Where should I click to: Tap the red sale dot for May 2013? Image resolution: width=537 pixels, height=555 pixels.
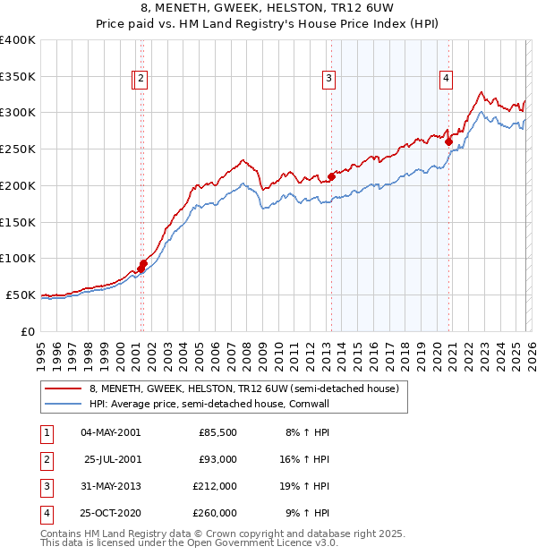pyautogui.click(x=331, y=176)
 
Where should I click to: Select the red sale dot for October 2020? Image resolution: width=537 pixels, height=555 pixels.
pyautogui.click(x=448, y=141)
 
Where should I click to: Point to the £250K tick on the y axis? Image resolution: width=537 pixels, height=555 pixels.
pyautogui.click(x=18, y=149)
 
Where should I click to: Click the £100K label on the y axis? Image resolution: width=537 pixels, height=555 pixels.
pyautogui.click(x=18, y=258)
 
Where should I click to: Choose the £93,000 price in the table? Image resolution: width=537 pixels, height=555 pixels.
pyautogui.click(x=217, y=459)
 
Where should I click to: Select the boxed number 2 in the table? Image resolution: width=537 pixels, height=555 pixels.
pyautogui.click(x=46, y=459)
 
